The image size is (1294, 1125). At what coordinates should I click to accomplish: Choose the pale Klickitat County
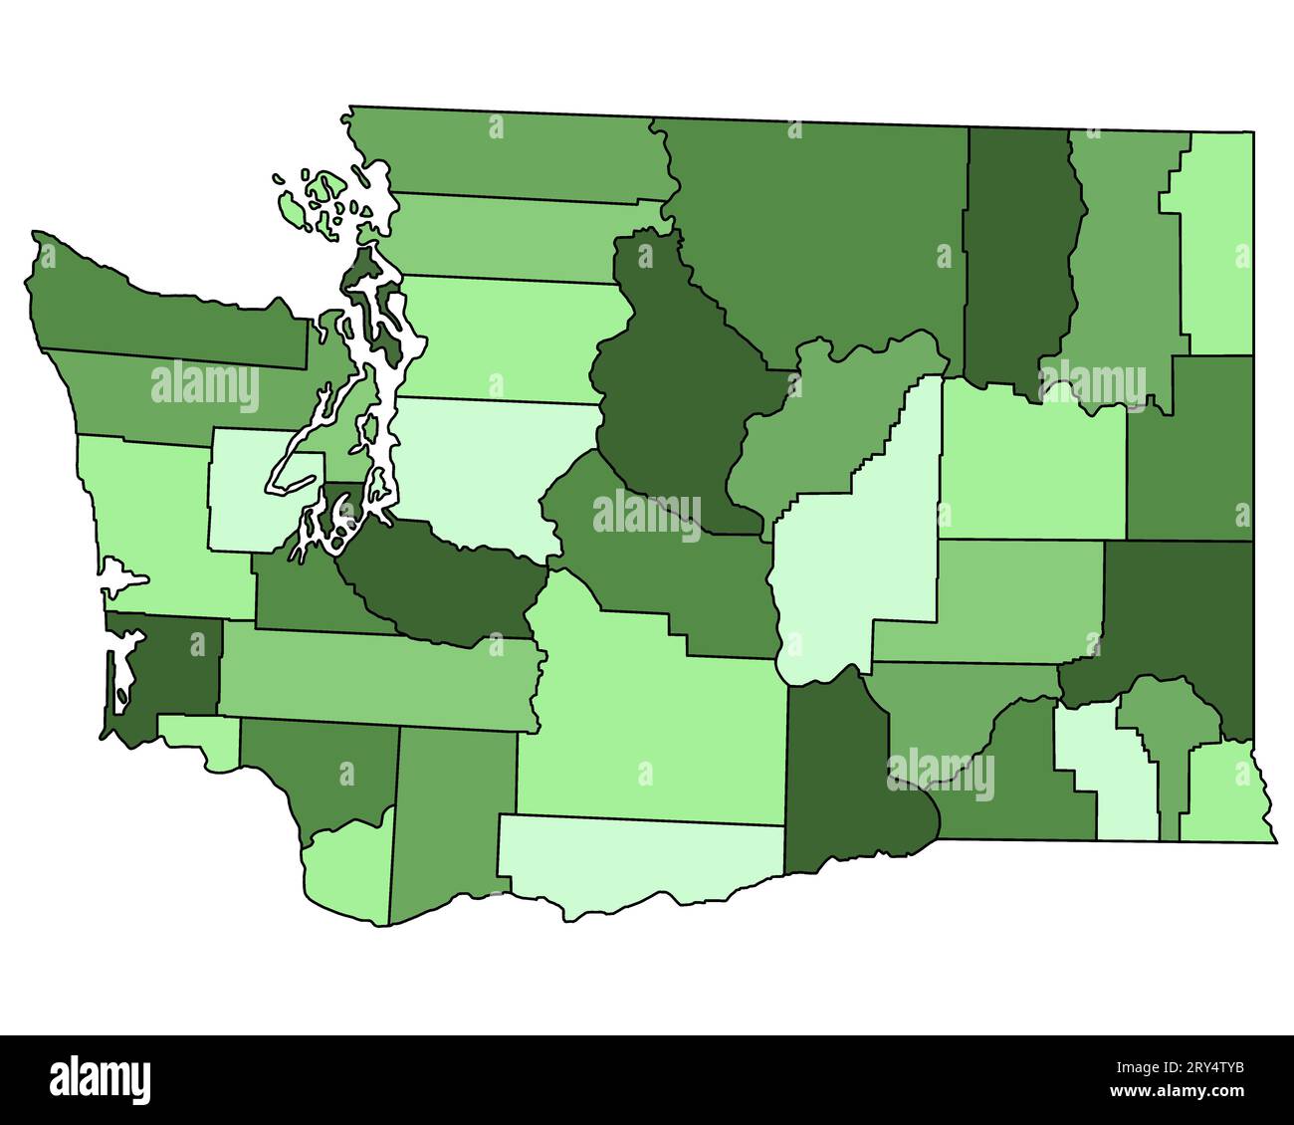[637, 861]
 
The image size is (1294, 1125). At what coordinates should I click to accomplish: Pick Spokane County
[1189, 448]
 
